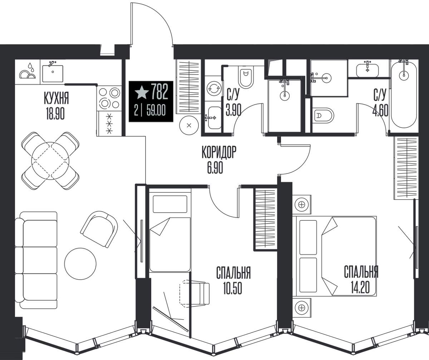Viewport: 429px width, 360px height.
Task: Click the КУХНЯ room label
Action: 56,99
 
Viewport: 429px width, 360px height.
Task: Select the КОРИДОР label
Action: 219,152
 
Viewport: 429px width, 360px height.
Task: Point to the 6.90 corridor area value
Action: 215,167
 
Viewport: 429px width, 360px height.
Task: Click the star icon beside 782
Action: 142,92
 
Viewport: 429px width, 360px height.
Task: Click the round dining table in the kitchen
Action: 50,161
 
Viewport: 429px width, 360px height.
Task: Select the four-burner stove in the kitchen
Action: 109,98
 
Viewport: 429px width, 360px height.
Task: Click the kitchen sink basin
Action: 53,73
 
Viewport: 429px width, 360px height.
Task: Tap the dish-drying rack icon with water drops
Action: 28,71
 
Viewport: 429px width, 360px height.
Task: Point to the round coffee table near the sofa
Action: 80,264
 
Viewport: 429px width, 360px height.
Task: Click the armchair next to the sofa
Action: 99,229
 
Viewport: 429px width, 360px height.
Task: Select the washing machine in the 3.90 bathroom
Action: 214,88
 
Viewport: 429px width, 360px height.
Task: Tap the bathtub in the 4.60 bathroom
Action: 404,96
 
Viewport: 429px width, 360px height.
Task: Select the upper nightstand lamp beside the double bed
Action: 302,205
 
